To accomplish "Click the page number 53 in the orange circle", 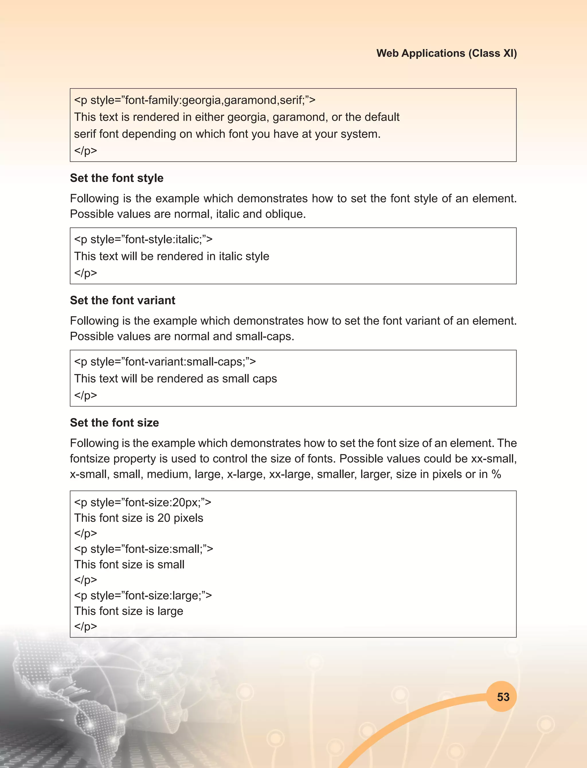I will click(x=503, y=697).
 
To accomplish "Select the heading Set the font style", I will click(x=117, y=178).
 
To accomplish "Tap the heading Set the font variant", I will click(x=122, y=300).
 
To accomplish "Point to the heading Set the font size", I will click(x=114, y=422).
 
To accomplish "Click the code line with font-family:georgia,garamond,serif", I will click(x=195, y=100).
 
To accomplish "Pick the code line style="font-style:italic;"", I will click(x=143, y=239).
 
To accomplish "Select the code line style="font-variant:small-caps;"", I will click(x=165, y=362).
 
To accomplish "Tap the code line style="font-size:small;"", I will click(x=143, y=549).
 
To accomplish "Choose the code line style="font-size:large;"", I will click(x=143, y=595).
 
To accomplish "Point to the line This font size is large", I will click(x=129, y=611).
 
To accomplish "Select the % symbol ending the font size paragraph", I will click(x=496, y=474).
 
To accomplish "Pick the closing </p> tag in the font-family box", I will click(x=86, y=151).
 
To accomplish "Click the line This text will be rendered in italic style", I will click(x=172, y=256).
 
